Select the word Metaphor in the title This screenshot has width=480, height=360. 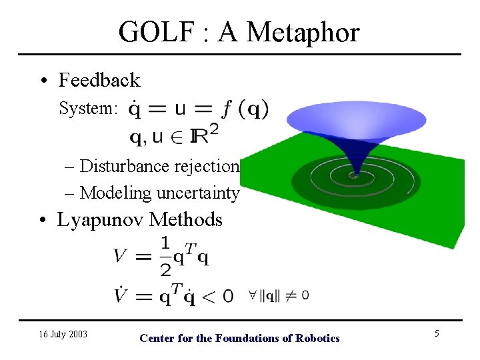pyautogui.click(x=308, y=32)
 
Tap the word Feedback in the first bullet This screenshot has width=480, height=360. pyautogui.click(x=99, y=80)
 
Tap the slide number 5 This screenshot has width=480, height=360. pyautogui.click(x=437, y=333)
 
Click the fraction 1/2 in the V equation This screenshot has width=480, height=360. pyautogui.click(x=165, y=255)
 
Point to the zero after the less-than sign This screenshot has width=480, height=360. pyautogui.click(x=227, y=295)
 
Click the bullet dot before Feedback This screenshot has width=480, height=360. pyautogui.click(x=42, y=81)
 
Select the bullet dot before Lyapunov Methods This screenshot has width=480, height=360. pyautogui.click(x=42, y=221)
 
